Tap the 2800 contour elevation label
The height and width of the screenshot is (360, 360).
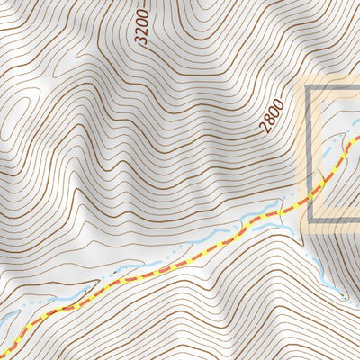click(274, 116)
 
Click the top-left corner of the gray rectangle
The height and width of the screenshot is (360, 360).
click(310, 88)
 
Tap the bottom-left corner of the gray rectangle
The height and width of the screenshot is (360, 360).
click(310, 220)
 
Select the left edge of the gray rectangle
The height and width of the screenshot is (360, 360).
click(310, 153)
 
